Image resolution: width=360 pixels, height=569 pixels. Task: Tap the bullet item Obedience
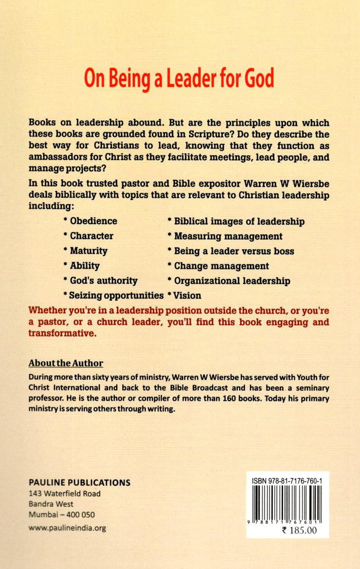pyautogui.click(x=90, y=221)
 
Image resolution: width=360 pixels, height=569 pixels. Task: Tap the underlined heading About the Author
pyautogui.click(x=66, y=362)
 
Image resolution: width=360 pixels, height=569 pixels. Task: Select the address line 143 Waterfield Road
pyautogui.click(x=65, y=493)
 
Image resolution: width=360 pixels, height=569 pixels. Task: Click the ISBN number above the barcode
pyautogui.click(x=291, y=479)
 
